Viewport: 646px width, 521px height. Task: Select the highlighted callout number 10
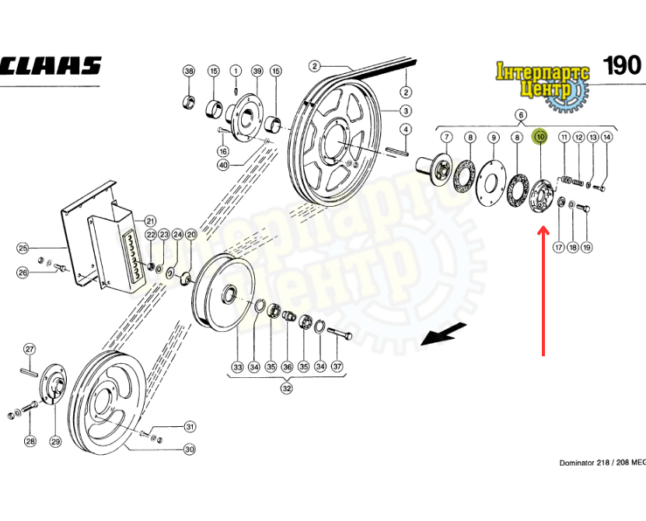[x=539, y=138]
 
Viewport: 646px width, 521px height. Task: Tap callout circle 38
[x=188, y=72]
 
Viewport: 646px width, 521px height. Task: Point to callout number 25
[x=23, y=248]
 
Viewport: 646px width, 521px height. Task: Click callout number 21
[x=150, y=220]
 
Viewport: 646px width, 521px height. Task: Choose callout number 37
[x=337, y=366]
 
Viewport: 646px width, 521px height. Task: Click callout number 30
[x=190, y=449]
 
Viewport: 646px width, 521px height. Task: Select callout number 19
[x=587, y=247]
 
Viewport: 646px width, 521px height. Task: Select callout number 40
[x=223, y=164]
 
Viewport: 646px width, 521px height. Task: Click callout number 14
[x=607, y=137]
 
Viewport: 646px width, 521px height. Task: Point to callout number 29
[x=55, y=441]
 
